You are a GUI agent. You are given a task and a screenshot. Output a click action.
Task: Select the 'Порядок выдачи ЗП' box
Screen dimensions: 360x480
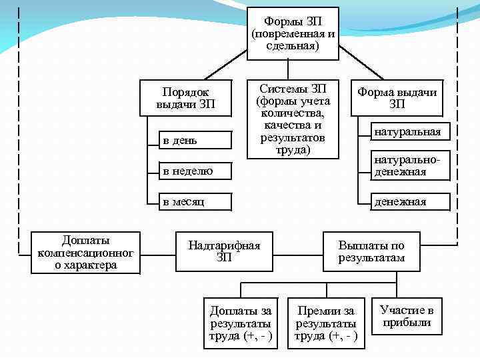tap(186, 98)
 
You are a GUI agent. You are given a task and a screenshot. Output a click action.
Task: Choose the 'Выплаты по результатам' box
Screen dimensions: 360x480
tap(371, 251)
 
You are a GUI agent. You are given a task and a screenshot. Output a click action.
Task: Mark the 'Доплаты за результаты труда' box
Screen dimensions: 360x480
tap(241, 323)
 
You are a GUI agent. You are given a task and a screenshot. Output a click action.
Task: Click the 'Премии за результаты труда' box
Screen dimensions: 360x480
tap(326, 323)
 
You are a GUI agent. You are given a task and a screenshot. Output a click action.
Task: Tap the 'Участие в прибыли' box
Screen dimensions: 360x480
tap(407, 316)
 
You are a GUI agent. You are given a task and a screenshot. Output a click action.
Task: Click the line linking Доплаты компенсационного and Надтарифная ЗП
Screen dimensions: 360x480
tap(157, 254)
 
